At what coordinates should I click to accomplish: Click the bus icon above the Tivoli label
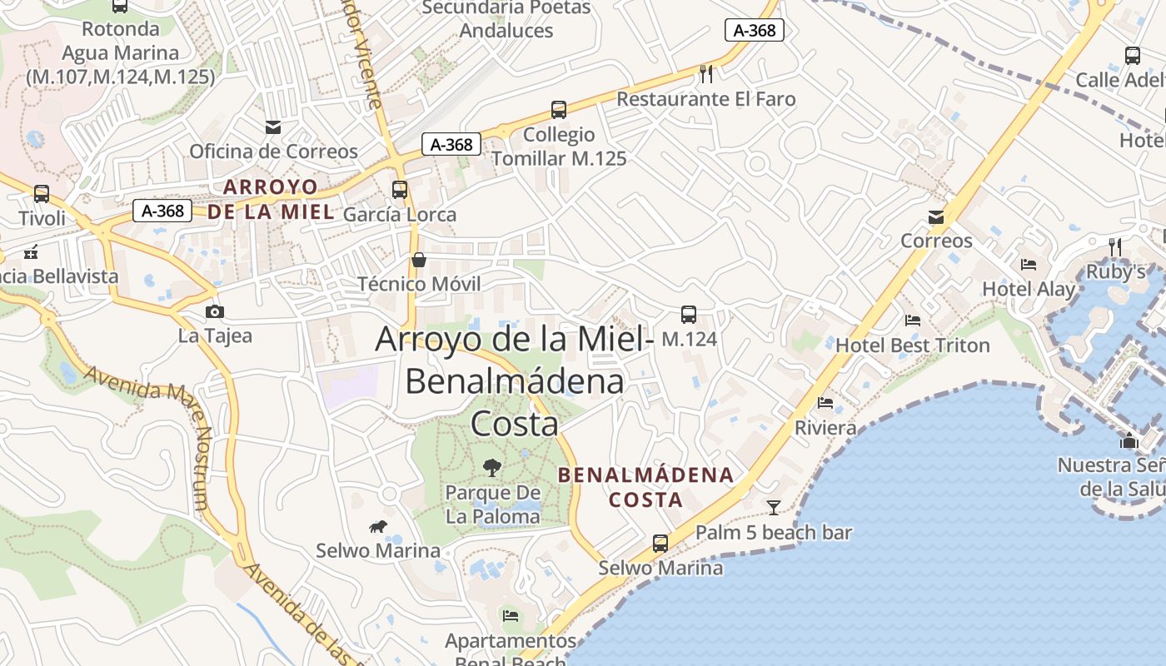(x=41, y=194)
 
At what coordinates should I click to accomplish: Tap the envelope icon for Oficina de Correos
(x=273, y=127)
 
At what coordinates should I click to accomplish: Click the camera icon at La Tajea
(x=215, y=311)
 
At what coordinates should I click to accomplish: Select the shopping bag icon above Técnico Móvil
(x=419, y=260)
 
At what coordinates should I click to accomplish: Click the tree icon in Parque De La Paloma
(x=492, y=467)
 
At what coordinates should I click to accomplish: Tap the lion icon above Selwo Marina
(x=378, y=526)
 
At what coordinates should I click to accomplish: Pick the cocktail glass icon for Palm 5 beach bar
(x=774, y=507)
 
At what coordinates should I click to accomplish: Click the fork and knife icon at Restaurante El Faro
(x=706, y=74)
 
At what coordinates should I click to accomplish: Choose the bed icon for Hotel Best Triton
(x=913, y=320)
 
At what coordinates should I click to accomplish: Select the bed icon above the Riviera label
(x=825, y=403)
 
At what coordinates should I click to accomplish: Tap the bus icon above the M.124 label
(x=689, y=315)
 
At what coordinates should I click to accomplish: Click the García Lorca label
(x=400, y=215)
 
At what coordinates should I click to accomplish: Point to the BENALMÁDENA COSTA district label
(x=646, y=487)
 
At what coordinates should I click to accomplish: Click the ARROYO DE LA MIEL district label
(x=271, y=199)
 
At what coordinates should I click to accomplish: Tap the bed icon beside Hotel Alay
(x=1029, y=265)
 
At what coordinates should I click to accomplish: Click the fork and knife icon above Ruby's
(x=1116, y=246)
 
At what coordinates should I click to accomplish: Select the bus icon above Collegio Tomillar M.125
(x=559, y=109)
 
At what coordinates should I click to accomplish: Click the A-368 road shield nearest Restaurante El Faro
(x=755, y=31)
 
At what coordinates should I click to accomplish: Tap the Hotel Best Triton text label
(x=913, y=345)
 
